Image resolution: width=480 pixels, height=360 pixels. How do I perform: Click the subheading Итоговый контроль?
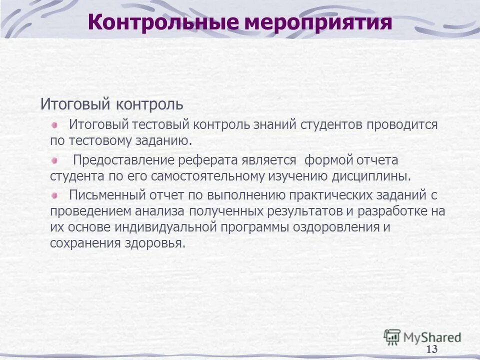tap(112, 104)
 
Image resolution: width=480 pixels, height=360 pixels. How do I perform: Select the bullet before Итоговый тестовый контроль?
tap(55, 123)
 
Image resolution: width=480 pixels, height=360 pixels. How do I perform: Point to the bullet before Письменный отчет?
tap(55, 194)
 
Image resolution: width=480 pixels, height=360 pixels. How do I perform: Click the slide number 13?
tap(432, 349)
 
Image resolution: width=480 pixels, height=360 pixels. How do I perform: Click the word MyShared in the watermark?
tap(432, 337)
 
